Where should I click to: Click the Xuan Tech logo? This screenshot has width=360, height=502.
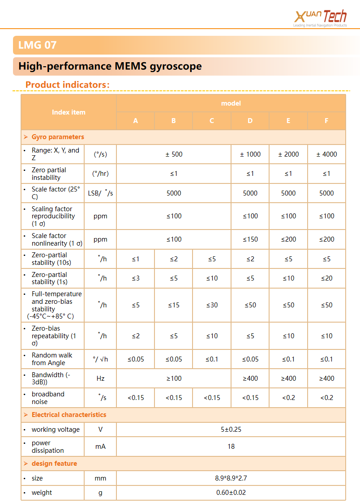click(320, 17)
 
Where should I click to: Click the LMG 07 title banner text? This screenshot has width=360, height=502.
click(37, 45)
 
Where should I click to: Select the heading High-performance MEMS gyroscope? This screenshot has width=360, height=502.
click(110, 66)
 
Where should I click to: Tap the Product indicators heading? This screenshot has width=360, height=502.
click(67, 85)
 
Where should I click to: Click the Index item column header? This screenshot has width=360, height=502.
click(69, 112)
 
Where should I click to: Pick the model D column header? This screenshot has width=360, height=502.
click(250, 121)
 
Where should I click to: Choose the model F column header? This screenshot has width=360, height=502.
click(326, 121)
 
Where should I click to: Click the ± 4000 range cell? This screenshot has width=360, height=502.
click(326, 154)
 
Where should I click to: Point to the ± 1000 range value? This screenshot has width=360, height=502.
click(250, 154)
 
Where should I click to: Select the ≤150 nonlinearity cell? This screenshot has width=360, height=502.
click(250, 239)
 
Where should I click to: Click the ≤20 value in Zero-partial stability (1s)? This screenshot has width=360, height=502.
click(326, 278)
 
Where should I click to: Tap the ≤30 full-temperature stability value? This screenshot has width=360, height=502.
click(212, 305)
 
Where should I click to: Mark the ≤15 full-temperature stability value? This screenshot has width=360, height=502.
click(174, 305)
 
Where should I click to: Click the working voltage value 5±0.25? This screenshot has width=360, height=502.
click(231, 430)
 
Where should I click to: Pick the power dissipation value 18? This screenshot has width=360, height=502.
click(231, 447)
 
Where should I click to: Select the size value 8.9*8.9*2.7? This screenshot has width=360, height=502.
click(231, 478)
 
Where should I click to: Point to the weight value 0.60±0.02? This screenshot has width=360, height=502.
click(231, 493)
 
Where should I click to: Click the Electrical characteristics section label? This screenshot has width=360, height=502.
click(69, 415)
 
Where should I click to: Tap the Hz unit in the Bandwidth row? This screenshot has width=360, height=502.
click(100, 379)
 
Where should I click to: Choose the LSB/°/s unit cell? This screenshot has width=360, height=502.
click(100, 193)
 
